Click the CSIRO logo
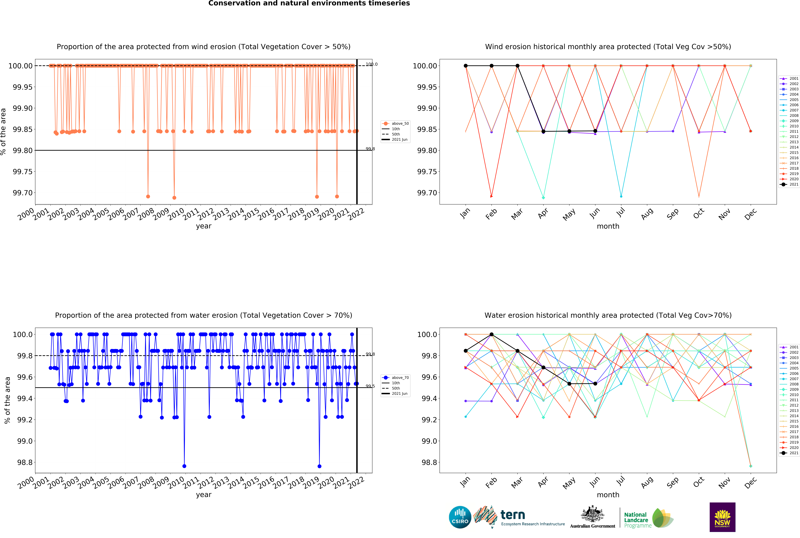[460, 517]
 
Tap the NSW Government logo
[722, 517]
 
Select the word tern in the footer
[513, 515]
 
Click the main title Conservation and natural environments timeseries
[309, 3]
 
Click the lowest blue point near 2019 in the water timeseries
[319, 466]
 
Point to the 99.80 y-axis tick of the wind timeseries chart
[23, 150]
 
